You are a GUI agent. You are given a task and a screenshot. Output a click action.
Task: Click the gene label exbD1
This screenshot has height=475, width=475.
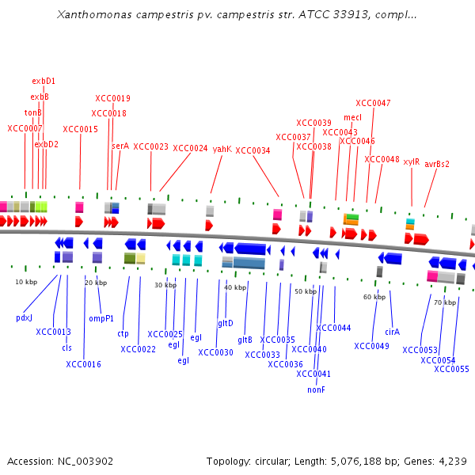tap(44, 81)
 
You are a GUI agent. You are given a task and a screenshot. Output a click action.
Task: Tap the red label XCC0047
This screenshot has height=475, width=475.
tap(373, 103)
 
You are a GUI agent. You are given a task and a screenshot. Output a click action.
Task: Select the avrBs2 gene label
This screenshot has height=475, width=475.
tap(437, 164)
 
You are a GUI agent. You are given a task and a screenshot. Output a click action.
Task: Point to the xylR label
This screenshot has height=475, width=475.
tap(412, 161)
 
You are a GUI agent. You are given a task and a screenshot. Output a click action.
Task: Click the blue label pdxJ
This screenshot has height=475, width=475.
tap(24, 317)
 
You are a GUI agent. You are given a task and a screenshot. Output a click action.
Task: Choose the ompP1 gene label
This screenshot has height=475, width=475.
tap(101, 318)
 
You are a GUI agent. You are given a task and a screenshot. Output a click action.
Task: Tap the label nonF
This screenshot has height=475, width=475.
tap(317, 389)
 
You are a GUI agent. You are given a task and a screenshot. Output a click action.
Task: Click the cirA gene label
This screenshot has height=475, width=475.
tap(393, 332)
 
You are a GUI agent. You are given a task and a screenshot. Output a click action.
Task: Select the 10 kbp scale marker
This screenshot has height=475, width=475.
tap(26, 282)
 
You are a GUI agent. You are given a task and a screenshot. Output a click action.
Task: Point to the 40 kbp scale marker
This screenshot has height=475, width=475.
tap(235, 287)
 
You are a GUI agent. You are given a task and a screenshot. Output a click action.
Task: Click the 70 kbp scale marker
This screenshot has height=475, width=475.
tap(445, 302)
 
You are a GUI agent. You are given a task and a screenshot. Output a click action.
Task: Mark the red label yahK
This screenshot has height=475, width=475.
tap(222, 148)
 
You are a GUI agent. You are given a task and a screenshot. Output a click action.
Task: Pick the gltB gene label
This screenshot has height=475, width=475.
tap(245, 340)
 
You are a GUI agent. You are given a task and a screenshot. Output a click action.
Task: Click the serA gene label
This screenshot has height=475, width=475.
tap(120, 146)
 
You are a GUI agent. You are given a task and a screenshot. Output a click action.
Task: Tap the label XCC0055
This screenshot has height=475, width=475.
tap(451, 369)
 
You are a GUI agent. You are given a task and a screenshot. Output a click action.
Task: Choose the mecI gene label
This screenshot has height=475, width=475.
tap(352, 117)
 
